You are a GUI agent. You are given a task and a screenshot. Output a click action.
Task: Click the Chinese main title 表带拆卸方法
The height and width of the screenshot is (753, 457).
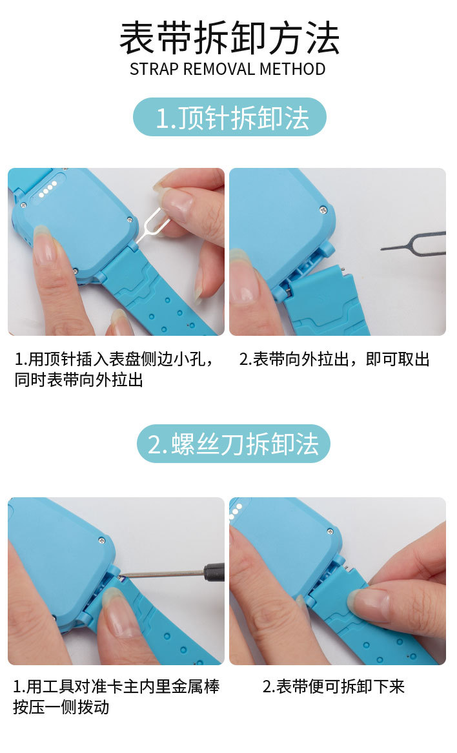point(229,38)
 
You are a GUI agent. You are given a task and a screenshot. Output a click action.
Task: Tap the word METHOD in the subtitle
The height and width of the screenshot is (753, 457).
point(292,69)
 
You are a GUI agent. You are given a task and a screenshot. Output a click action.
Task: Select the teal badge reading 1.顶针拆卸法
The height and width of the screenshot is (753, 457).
point(229,117)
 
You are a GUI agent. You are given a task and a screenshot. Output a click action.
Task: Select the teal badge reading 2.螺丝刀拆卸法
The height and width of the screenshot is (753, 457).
point(234,444)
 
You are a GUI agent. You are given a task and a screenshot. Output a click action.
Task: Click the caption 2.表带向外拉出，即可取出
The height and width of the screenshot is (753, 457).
point(334,359)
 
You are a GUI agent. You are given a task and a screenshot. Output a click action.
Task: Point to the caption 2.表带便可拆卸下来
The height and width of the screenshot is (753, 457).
point(334,686)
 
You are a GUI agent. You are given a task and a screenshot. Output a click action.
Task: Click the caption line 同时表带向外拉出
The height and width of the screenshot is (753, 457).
point(79,380)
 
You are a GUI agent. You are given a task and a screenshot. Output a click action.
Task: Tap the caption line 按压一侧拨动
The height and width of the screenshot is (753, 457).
point(61,707)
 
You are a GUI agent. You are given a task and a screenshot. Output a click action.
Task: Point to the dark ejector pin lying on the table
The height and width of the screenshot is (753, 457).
point(413,242)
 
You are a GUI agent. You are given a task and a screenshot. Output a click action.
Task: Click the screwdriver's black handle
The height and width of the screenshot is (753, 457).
point(214,573)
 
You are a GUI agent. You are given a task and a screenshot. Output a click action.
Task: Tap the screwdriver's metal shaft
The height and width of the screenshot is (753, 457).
point(167,574)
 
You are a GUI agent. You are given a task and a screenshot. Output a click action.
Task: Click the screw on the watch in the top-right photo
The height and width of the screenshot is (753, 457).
point(324,209)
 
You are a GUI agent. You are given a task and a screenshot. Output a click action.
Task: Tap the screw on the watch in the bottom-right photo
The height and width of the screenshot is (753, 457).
point(330,531)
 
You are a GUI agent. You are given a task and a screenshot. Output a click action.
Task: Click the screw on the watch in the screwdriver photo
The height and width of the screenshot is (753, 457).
point(102,541)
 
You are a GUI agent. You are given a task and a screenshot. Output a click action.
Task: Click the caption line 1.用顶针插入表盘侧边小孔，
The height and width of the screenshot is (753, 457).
point(114,359)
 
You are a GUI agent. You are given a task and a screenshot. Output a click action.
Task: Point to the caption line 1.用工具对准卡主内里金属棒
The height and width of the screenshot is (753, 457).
point(116,686)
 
